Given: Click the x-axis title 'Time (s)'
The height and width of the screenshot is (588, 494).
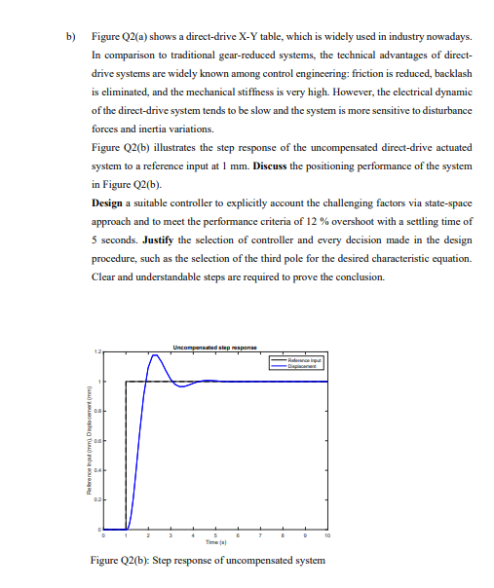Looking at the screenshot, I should [215, 540].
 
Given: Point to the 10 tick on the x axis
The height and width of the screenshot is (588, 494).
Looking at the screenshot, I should [327, 534].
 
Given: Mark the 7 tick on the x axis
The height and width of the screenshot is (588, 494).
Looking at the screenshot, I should [260, 534].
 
